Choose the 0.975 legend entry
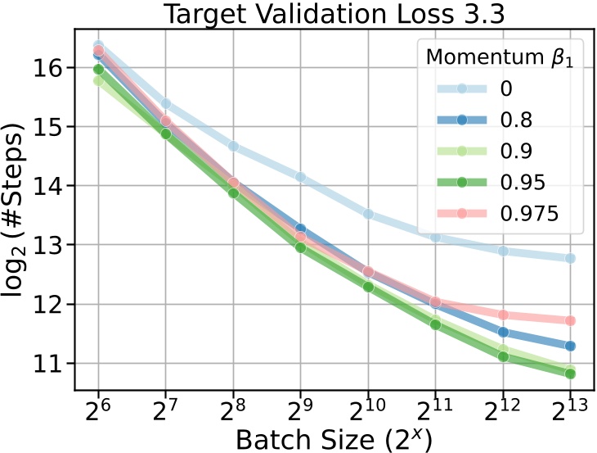coord(515,212)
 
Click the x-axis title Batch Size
coord(334,438)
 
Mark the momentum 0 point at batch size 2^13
coord(570,258)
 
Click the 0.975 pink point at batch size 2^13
coord(570,320)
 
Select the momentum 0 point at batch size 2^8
coord(233,146)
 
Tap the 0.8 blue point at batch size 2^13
coord(570,346)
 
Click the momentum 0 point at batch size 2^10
coord(368,214)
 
